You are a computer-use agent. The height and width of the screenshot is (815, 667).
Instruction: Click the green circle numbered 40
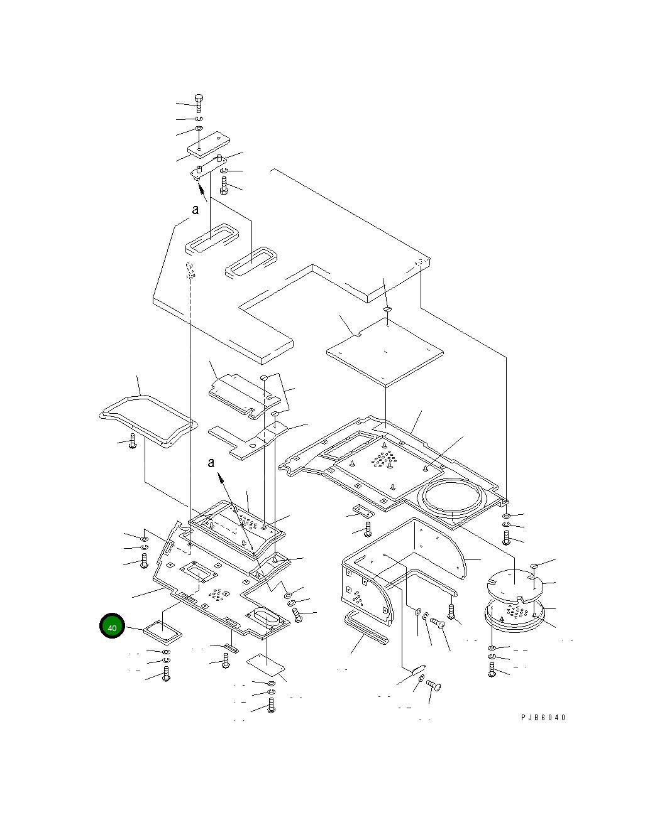tap(113, 627)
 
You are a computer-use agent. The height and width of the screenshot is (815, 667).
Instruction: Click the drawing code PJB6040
tap(543, 718)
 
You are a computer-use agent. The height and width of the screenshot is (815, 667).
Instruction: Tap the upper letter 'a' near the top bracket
tap(196, 210)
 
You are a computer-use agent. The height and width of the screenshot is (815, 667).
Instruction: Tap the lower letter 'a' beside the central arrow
tap(211, 463)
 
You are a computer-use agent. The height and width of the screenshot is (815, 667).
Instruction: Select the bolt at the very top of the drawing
tap(199, 103)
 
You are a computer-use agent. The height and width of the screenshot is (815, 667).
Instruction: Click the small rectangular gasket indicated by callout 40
tap(162, 630)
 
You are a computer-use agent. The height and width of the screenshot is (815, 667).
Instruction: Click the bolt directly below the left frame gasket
tap(132, 442)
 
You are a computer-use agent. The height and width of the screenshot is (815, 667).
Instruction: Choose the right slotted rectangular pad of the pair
tap(251, 262)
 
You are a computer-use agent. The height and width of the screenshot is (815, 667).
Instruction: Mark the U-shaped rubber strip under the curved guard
tap(365, 627)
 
